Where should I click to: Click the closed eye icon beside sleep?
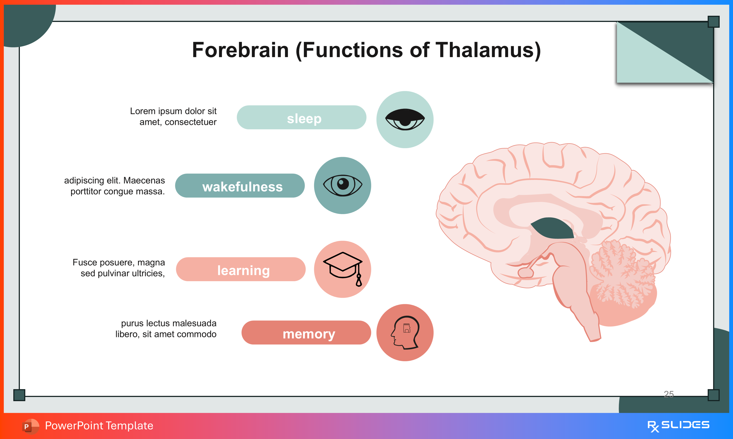coord(405,120)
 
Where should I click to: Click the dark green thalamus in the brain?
coord(552,228)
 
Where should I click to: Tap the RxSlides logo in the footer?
coord(678,426)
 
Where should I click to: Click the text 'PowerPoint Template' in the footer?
coord(99,426)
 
